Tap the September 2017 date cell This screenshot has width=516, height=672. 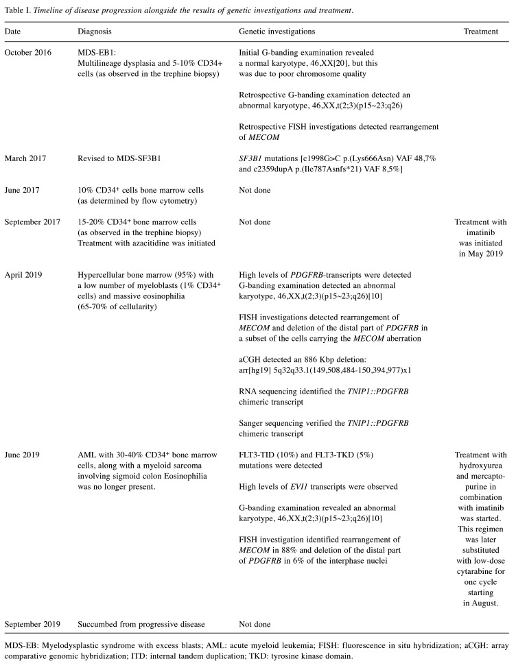tap(33, 221)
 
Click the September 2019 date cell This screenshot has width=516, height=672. tap(33, 625)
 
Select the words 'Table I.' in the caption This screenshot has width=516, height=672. tap(19, 10)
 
